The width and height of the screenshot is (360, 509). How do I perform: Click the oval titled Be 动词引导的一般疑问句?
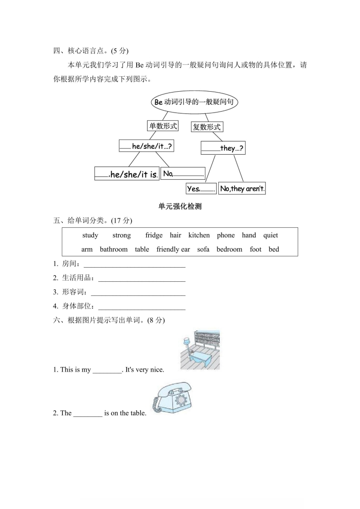194,102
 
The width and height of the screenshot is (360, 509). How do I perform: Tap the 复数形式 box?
207,127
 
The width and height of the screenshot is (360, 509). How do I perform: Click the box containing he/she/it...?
147,146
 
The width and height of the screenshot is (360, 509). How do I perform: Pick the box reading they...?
222,148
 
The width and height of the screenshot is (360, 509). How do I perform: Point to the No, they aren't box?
242,188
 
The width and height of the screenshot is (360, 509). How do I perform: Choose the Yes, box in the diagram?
201,189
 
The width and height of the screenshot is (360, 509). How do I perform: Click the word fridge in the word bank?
154,235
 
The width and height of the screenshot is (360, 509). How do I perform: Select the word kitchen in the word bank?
199,235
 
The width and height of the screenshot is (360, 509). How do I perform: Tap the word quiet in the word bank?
271,235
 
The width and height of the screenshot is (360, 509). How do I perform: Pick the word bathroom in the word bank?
113,250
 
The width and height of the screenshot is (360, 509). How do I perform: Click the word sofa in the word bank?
203,250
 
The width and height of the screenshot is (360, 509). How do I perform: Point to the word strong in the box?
121,235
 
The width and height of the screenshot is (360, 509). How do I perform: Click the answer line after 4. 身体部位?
142,309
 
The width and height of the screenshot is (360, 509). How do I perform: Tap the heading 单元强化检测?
180,207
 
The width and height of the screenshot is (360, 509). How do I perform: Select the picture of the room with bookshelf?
200,350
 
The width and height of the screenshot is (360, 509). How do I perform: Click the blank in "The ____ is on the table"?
88,414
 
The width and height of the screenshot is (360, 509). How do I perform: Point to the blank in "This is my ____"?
107,370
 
